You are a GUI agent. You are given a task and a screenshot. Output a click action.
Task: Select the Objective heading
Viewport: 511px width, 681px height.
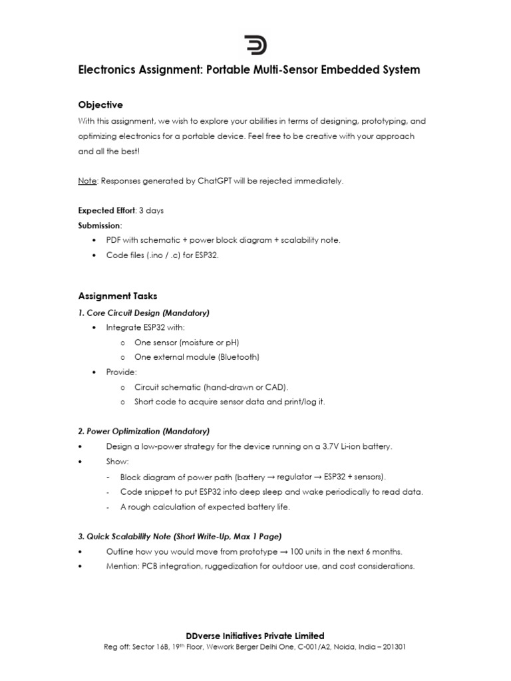tap(100, 105)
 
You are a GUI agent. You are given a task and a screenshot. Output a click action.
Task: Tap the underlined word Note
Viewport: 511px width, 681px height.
tap(87, 182)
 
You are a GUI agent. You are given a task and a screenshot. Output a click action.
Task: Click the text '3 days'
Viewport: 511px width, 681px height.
tap(151, 211)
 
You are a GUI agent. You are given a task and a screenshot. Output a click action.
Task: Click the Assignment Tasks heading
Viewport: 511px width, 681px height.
tap(118, 296)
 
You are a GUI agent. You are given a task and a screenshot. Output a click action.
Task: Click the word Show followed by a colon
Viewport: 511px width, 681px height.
tap(116, 461)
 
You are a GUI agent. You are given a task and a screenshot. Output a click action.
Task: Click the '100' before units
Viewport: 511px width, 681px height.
tap(307, 551)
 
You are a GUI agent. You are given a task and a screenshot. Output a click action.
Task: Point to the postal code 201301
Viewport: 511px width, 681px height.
tap(385, 646)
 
